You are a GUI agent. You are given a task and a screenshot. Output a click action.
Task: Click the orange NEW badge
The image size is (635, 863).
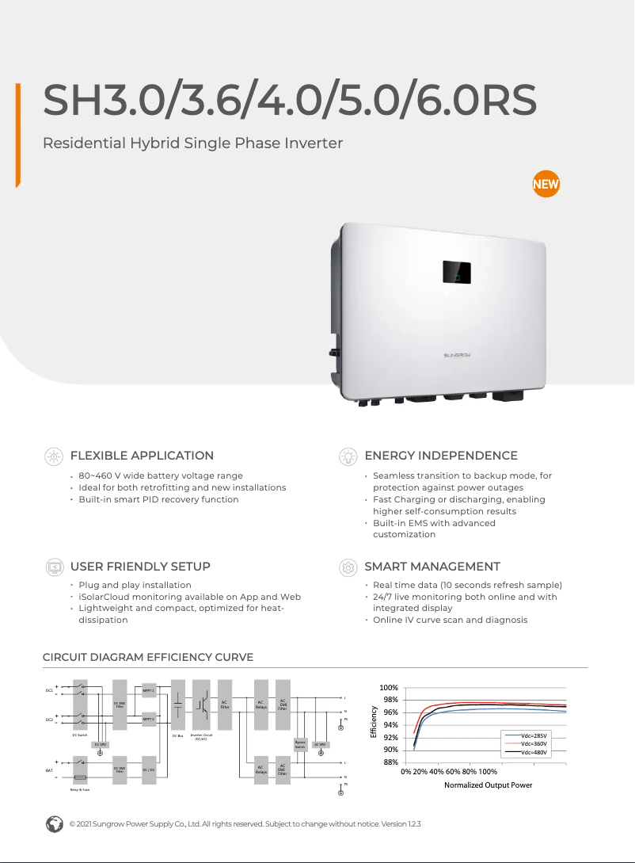546,185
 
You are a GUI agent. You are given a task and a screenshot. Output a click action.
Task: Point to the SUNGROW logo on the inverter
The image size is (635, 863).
457,357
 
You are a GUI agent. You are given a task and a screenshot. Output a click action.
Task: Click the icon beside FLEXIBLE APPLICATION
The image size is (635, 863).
54,456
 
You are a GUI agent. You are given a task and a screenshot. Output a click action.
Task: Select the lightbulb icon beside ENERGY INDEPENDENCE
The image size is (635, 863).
347,456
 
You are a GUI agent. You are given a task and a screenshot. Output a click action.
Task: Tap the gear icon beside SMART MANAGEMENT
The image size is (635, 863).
347,567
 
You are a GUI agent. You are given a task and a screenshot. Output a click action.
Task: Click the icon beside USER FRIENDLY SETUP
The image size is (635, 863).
54,567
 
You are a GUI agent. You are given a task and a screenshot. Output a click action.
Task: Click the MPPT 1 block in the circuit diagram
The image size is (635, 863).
149,691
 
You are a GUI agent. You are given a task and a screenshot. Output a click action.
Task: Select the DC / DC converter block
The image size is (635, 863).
149,769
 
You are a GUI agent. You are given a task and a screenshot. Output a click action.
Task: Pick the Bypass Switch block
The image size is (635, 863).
300,745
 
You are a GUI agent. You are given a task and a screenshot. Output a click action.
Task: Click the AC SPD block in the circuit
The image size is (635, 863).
320,745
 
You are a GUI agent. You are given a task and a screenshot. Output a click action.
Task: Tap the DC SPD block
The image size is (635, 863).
100,745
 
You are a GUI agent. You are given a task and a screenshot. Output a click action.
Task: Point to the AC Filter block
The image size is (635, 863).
224,704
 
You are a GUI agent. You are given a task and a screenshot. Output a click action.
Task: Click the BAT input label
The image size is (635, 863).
49,769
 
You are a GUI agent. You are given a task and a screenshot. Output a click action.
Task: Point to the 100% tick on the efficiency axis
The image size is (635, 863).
388,688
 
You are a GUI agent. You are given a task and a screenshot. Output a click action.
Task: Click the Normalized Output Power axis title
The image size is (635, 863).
488,785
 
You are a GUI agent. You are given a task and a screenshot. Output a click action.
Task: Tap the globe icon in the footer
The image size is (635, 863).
54,823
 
